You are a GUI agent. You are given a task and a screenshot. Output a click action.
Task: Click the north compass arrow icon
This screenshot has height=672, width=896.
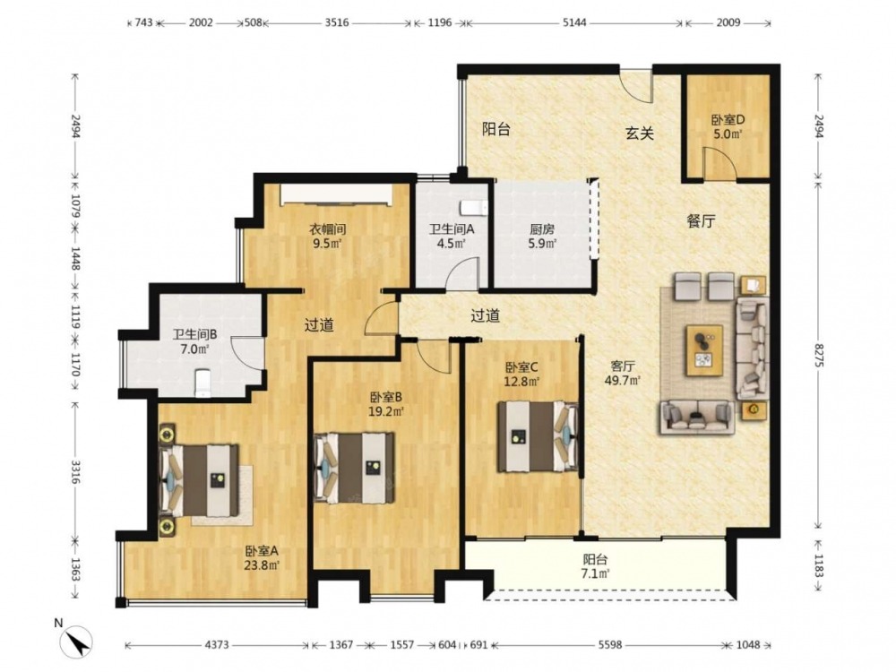pos(77,640)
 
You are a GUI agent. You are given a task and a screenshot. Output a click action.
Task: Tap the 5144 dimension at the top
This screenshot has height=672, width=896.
pos(574,23)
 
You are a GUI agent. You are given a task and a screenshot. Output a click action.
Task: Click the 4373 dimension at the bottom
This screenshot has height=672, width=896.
pos(217,644)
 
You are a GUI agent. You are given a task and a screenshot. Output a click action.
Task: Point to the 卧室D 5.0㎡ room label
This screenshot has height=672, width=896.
pos(728,127)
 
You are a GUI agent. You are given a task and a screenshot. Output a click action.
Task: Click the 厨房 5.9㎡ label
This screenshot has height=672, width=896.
pos(542,237)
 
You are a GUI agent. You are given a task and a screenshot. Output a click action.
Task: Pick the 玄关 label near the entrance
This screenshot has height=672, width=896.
pos(640,134)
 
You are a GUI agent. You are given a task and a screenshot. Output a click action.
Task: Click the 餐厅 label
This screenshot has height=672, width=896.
pos(701,221)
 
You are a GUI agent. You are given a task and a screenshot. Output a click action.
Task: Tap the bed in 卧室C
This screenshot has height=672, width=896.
pos(537,436)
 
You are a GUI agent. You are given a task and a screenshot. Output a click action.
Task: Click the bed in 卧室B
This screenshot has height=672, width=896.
pos(354,468)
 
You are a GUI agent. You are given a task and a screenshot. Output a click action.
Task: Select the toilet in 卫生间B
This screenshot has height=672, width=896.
pos(202,383)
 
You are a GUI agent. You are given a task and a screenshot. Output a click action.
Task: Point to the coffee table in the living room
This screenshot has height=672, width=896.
pos(704,350)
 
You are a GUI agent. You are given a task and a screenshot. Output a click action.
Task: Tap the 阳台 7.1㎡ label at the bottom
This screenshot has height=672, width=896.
pos(595,566)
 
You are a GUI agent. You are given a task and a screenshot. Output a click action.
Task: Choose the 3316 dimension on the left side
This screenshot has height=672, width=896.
pos(75,471)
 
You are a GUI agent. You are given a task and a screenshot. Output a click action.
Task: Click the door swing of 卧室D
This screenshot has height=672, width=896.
pos(719,163)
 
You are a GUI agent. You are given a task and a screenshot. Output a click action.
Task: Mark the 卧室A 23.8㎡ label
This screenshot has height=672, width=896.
pos(262,558)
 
